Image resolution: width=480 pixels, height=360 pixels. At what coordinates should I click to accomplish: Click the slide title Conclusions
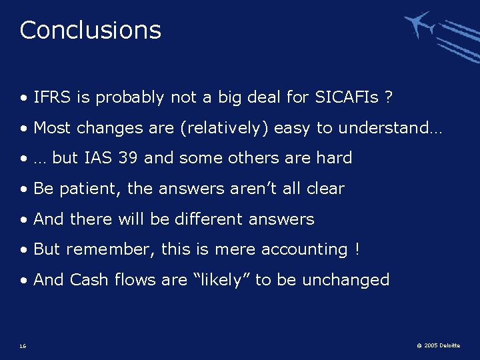[90, 30]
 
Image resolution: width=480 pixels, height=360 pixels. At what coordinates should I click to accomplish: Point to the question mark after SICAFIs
[388, 97]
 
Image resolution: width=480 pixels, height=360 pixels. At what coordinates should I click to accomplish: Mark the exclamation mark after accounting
[357, 249]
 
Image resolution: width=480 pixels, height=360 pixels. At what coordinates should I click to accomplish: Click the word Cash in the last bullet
[89, 279]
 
